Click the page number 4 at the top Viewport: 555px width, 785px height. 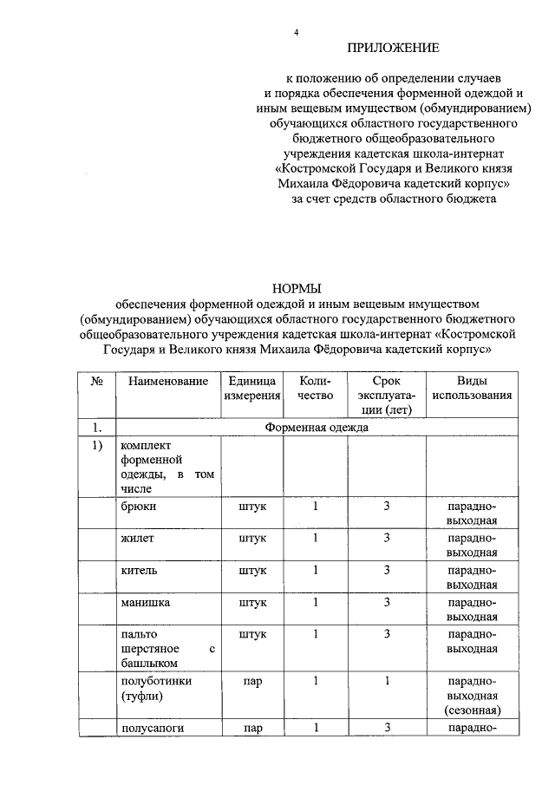coord(296,33)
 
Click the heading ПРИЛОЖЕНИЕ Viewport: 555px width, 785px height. coord(394,48)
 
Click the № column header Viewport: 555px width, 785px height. coord(97,381)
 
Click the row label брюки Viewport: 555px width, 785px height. coord(139,506)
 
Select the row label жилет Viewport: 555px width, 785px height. coord(139,538)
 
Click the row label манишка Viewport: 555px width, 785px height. coord(146,602)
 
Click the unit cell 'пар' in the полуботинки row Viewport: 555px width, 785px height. coord(253,681)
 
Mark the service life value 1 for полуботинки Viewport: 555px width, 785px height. coord(388,681)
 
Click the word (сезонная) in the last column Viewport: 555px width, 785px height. coord(472,710)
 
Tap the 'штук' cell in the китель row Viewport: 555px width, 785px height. coord(253,570)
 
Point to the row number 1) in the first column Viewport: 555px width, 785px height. coord(97,446)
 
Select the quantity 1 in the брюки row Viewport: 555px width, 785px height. coord(316,506)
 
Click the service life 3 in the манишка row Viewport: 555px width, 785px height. coord(388,602)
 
